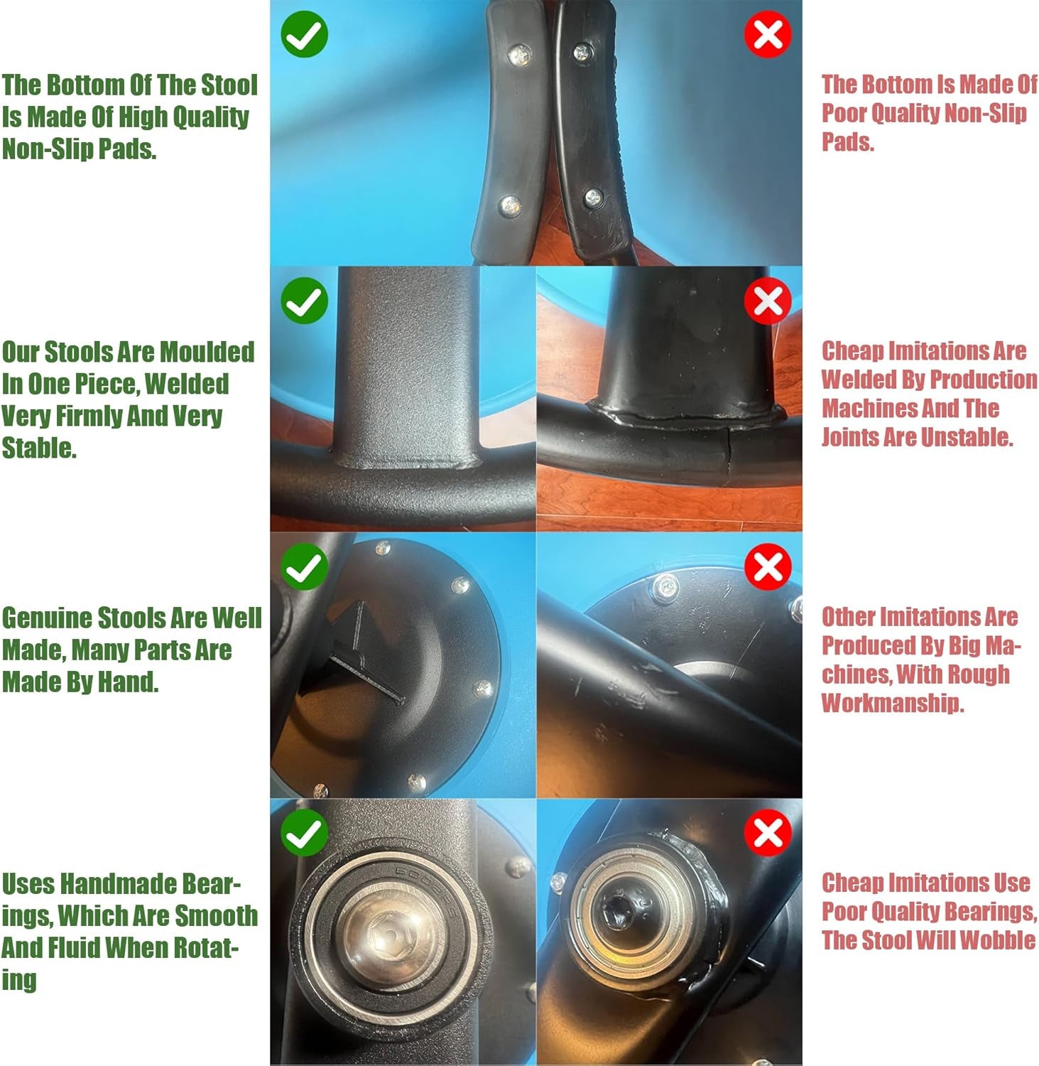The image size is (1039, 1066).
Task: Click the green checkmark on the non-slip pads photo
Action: [x=304, y=34]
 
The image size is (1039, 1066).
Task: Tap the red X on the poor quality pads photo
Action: [x=768, y=34]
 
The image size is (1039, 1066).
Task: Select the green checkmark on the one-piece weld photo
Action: [x=304, y=301]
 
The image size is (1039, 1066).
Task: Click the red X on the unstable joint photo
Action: [x=768, y=301]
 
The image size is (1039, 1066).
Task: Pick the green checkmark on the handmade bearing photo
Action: [x=304, y=833]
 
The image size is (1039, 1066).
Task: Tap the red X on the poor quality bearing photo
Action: [x=768, y=833]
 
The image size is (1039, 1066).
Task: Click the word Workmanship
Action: [x=893, y=703]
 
